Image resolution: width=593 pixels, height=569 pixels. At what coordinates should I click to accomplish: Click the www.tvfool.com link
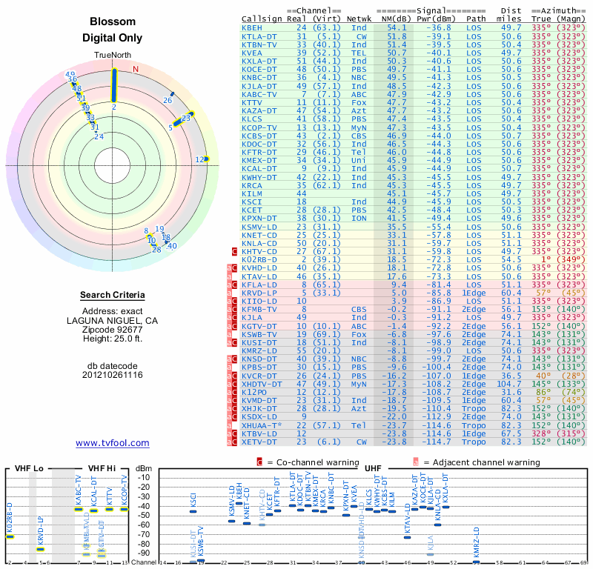coord(113,443)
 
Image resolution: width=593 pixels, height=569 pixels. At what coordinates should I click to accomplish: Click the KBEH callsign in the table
coord(252,27)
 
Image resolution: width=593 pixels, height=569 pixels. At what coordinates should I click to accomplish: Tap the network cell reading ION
coord(359,219)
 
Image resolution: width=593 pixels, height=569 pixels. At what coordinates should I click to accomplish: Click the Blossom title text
coord(113,22)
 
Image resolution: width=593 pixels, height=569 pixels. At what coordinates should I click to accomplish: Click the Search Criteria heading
coord(113,296)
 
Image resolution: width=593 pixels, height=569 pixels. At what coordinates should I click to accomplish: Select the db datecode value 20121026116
coord(113,375)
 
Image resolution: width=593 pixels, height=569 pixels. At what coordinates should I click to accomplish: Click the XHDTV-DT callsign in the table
coord(262,385)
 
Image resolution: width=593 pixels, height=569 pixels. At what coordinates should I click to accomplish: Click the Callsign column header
coord(262,18)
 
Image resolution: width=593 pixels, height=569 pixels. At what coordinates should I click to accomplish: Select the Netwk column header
coord(359,18)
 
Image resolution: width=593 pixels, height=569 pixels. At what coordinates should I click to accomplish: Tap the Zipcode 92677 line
coord(113,329)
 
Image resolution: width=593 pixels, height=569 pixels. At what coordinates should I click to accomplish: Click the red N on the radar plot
coord(136,69)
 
